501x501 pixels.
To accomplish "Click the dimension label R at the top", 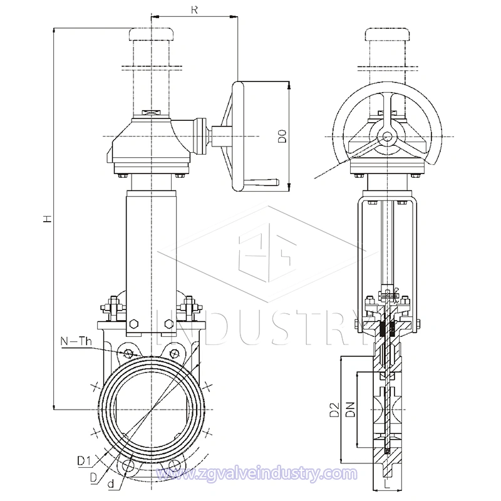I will click(195, 9).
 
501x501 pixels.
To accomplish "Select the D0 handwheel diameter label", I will click(282, 137).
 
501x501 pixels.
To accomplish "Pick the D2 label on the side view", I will click(335, 411).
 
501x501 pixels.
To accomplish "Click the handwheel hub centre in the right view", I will click(386, 136).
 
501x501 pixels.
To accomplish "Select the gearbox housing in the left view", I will click(150, 141).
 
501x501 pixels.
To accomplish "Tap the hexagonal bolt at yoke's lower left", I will click(133, 324).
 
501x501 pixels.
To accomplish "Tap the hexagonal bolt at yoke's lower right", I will click(167, 324).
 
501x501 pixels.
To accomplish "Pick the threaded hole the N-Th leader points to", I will click(128, 354).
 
